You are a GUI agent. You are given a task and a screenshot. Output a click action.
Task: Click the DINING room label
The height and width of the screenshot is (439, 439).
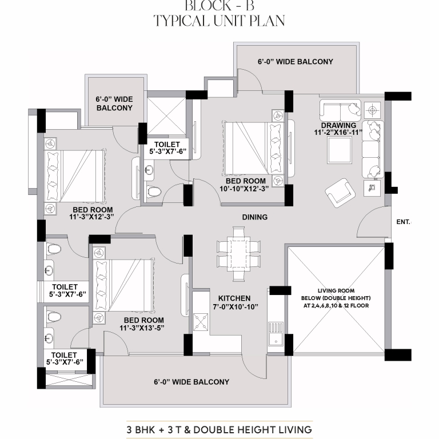tap(254, 217)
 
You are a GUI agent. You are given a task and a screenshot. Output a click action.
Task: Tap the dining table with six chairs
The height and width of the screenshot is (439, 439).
tap(238, 254)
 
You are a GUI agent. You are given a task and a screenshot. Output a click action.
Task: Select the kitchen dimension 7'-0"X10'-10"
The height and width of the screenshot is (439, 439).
tap(236, 307)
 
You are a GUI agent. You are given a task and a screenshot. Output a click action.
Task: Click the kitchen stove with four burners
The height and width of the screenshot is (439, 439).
tap(201, 322)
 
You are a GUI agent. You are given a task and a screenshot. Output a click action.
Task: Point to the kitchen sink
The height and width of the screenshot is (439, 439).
tap(276, 334)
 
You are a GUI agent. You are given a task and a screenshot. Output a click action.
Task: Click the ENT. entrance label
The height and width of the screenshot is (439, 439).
tap(404, 222)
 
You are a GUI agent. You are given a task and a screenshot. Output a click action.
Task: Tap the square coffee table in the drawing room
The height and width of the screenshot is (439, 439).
tap(340, 150)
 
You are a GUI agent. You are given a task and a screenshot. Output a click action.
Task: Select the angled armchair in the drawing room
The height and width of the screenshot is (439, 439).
tap(340, 193)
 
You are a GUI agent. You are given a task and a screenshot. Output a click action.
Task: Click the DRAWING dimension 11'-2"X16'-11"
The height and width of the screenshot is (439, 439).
tap(338, 133)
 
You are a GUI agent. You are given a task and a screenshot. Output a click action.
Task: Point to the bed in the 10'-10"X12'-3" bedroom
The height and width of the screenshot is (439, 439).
tap(254, 148)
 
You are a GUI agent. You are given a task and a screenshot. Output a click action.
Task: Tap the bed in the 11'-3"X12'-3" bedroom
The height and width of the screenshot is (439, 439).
tap(75, 176)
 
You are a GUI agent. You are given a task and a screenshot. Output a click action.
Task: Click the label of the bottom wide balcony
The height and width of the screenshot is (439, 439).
tap(191, 382)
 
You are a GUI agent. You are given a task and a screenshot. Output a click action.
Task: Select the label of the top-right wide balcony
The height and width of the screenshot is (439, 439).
tap(296, 62)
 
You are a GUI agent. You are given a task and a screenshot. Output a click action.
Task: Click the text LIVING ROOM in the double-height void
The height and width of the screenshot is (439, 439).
tap(336, 290)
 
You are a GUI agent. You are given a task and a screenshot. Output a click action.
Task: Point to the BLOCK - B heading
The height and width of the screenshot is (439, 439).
tap(219, 6)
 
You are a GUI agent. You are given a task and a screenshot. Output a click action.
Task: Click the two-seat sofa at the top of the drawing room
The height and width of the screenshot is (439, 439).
tap(340, 110)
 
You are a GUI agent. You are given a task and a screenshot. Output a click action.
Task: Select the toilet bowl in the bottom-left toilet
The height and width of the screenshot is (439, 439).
tap(54, 317)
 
